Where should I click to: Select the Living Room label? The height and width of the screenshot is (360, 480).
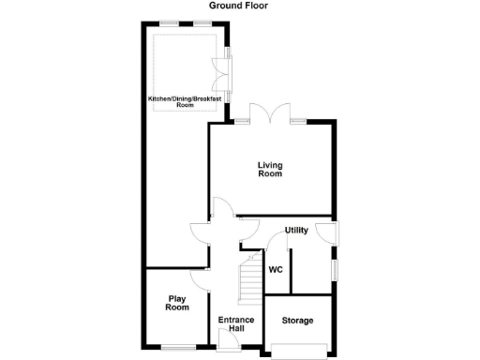(x=270, y=170)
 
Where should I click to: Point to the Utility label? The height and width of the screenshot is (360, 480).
(x=296, y=230)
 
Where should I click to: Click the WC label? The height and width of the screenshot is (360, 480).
(x=276, y=270)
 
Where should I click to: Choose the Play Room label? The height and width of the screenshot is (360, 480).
(x=177, y=303)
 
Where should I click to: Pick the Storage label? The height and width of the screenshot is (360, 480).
(x=297, y=321)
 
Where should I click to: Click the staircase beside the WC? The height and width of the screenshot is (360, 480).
(x=249, y=279)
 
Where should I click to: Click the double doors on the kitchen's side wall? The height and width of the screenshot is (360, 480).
(x=221, y=69)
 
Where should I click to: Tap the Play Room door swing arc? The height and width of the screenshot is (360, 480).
(x=198, y=277)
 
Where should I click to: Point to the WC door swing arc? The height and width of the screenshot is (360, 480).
(x=277, y=243)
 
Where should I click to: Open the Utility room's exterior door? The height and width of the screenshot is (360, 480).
(x=327, y=231)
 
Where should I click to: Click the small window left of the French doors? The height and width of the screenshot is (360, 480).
(x=242, y=120)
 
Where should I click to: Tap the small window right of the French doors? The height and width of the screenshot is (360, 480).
(x=298, y=120)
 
